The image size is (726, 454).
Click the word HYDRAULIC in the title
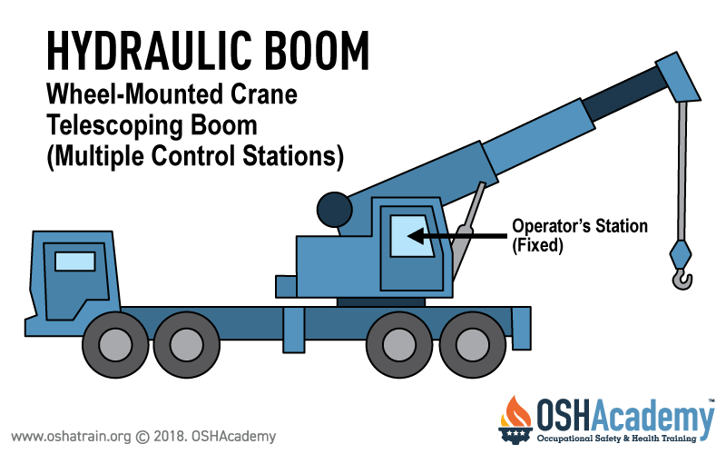click(150, 51)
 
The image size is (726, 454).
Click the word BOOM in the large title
click(317, 51)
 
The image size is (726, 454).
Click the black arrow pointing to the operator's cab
click(457, 236)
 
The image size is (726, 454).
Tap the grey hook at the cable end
click(682, 279)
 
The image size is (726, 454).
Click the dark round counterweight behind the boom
click(334, 210)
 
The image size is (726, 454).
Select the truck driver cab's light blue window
click(75, 262)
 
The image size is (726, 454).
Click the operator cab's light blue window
click(411, 236)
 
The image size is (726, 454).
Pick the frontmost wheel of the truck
click(115, 345)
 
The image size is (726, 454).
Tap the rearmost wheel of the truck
click(472, 345)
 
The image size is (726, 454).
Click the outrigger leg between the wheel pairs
click(293, 330)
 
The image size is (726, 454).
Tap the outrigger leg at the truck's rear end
click(521, 329)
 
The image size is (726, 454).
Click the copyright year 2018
click(169, 437)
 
